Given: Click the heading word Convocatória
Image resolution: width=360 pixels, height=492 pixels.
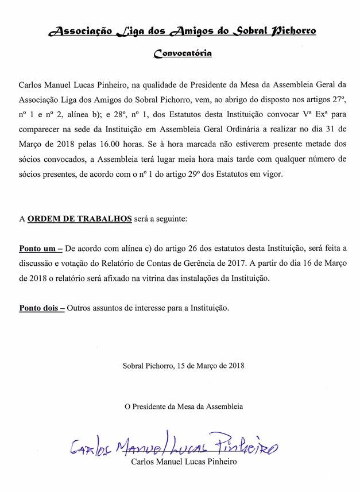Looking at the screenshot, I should click(183, 54).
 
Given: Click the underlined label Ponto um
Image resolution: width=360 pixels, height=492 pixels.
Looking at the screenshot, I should click(40, 249).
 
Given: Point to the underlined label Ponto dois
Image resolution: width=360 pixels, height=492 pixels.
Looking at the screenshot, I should click(42, 308).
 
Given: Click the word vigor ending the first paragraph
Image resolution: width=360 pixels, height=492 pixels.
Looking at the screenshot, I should click(272, 174).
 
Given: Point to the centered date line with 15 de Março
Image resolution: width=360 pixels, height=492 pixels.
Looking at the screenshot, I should click(183, 365).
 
